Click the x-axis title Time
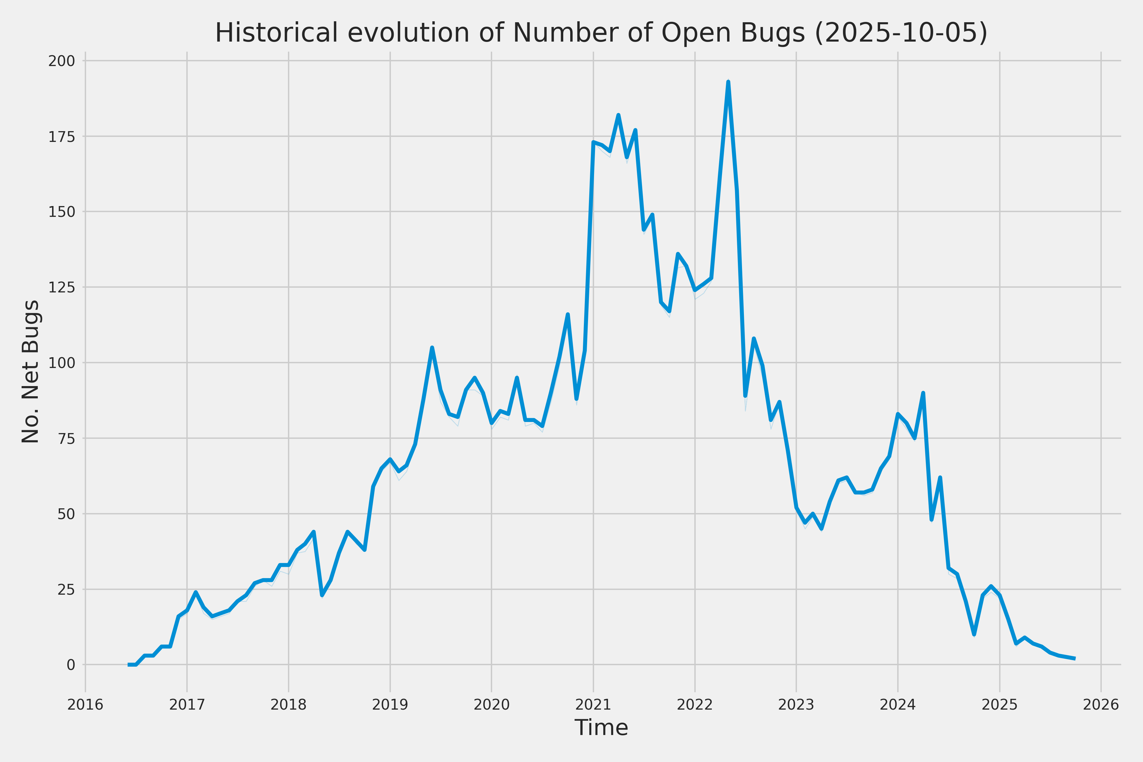pos(601,727)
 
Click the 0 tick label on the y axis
pos(71,665)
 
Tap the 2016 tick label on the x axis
pos(85,705)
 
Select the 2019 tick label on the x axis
pos(390,705)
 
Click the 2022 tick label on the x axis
pos(694,705)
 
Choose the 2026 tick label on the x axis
pos(1101,705)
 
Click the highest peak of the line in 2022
pos(728,82)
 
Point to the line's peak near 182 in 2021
pos(618,115)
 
